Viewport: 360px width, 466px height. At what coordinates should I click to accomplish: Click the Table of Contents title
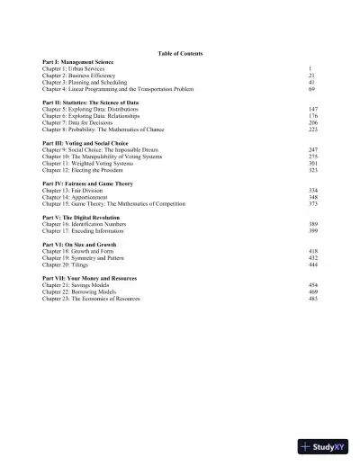pyautogui.click(x=179, y=54)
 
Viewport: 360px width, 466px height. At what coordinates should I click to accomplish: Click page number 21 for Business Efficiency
pyautogui.click(x=311, y=76)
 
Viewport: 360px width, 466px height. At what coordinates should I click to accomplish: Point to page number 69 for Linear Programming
pyautogui.click(x=311, y=90)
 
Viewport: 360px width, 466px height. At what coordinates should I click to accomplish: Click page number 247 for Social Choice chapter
pyautogui.click(x=313, y=149)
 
